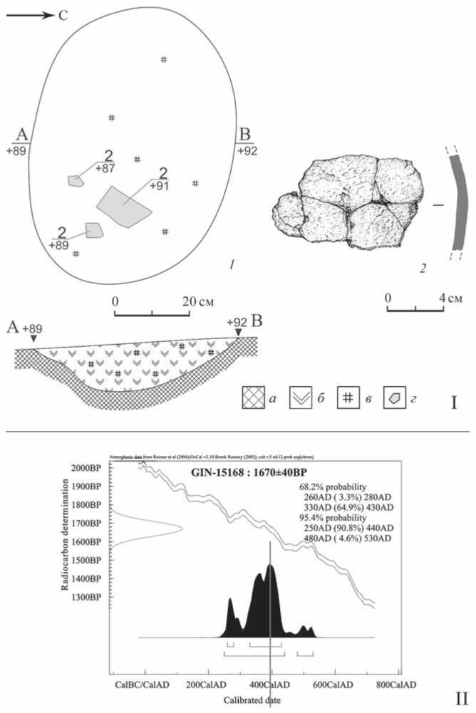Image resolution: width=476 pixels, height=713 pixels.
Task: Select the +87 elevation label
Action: click(x=108, y=168)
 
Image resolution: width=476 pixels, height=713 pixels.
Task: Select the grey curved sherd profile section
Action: click(x=457, y=205)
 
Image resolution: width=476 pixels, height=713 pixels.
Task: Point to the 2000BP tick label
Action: click(x=88, y=467)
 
